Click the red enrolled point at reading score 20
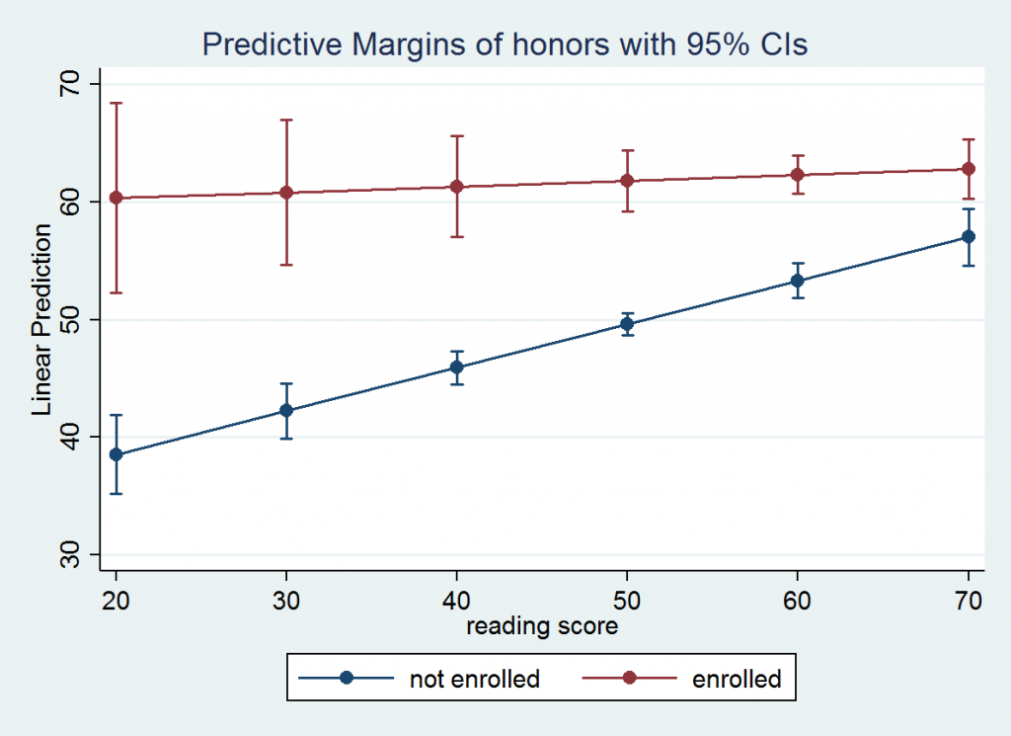pyautogui.click(x=116, y=198)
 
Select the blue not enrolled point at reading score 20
pyautogui.click(x=116, y=454)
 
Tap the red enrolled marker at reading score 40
pyautogui.click(x=457, y=187)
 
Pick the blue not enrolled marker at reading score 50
pyautogui.click(x=627, y=324)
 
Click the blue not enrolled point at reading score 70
pyautogui.click(x=969, y=236)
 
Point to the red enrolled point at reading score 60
pyautogui.click(x=798, y=175)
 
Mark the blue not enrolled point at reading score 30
pyautogui.click(x=286, y=410)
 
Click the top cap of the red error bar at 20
pyautogui.click(x=116, y=103)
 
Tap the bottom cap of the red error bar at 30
pyautogui.click(x=286, y=265)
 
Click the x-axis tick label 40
pyautogui.click(x=457, y=602)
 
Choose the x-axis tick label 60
pyautogui.click(x=798, y=602)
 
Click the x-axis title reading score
pyautogui.click(x=542, y=626)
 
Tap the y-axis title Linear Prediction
pyautogui.click(x=42, y=319)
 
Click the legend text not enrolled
pyautogui.click(x=474, y=679)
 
